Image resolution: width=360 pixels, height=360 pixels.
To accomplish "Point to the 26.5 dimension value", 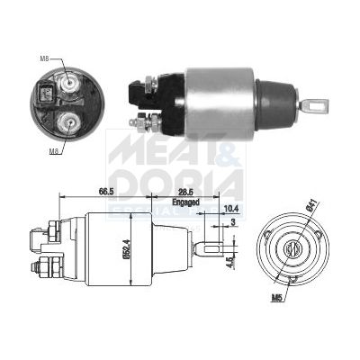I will (186, 192).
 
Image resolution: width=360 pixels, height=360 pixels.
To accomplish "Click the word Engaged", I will (186, 203).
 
